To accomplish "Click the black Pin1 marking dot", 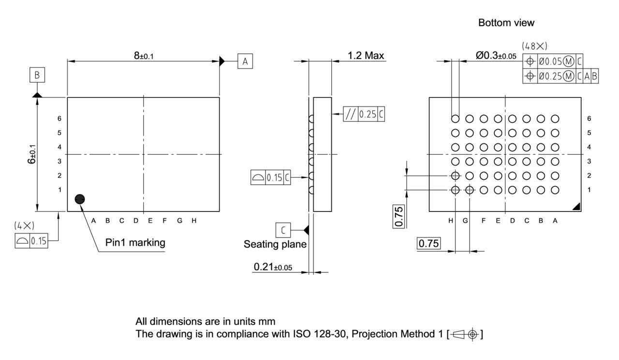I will pos(80,199).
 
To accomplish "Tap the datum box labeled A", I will pos(245,61).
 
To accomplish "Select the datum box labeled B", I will pos(37,75).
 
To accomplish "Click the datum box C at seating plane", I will pos(283,229).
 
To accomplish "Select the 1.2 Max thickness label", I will pos(366,56).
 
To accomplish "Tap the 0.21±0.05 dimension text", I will pos(273,267).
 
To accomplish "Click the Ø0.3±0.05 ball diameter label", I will pos(496,56).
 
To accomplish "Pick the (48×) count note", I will pos(534,46).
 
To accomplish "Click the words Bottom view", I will pos(506,23).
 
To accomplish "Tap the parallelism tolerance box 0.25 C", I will pos(364,114).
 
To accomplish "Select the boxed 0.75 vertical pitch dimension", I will pos(398,216).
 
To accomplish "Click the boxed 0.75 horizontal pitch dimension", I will pos(428,244).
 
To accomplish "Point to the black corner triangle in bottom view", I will pos(576,207).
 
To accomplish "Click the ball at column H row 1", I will pos(455,190).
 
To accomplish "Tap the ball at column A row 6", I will pos(555,119).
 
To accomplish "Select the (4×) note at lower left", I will pos(24,225).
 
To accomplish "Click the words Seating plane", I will pos(275,244).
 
